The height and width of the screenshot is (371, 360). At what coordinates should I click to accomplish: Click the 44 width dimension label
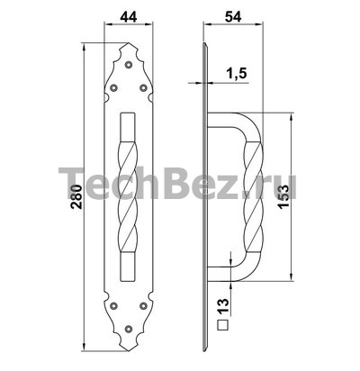tap(129, 17)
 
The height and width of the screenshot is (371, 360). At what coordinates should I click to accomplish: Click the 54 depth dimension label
tap(233, 17)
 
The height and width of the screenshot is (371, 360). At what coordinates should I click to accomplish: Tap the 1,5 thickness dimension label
tap(236, 73)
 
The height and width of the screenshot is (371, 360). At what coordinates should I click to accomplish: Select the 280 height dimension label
tap(76, 196)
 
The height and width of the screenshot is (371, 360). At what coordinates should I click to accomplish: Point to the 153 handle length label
tap(283, 196)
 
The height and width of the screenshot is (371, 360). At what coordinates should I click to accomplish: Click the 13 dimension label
tap(223, 306)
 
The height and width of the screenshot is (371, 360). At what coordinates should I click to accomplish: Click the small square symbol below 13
tap(222, 325)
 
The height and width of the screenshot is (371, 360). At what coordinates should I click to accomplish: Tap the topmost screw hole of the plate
tap(129, 65)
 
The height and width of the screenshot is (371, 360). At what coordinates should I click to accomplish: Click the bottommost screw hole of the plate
tap(129, 329)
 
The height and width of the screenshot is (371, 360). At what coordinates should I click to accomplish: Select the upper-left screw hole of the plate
tap(113, 87)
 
